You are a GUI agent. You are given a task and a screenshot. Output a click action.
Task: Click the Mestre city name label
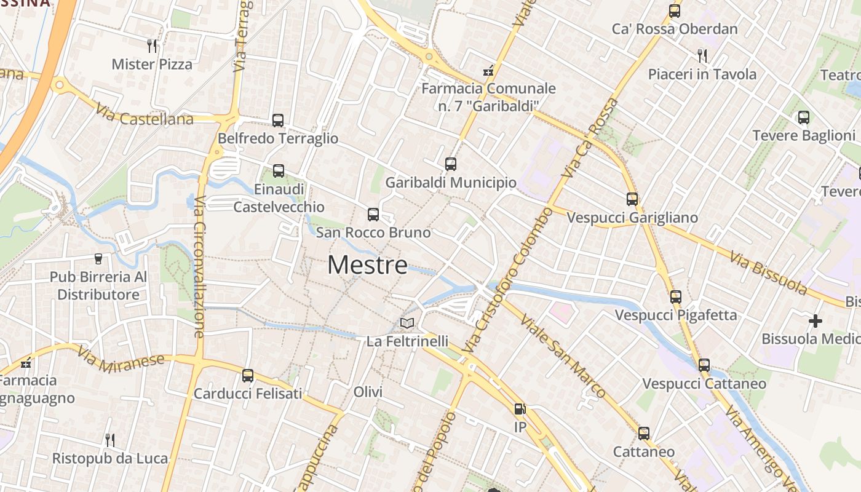tap(367, 265)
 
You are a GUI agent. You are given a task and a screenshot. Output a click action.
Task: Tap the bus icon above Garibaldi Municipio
tap(451, 164)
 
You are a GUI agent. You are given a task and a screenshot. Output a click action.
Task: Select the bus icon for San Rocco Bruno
tap(373, 215)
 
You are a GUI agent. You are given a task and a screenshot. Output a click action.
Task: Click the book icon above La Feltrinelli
tap(407, 323)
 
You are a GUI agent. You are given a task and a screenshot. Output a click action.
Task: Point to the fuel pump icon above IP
tap(520, 409)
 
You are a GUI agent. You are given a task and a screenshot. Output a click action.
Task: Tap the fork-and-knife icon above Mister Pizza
tap(152, 46)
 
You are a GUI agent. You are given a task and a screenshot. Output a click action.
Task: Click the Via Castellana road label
tap(144, 114)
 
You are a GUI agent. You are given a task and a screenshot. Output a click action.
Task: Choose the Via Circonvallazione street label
tap(199, 267)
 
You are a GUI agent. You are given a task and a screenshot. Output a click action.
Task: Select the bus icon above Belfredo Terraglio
tap(278, 121)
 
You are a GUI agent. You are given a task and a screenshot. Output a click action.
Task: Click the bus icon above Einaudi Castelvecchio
tap(279, 171)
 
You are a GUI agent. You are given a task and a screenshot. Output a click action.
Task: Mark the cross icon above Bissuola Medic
tap(815, 321)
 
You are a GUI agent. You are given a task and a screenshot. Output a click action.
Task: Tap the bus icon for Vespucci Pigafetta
tap(676, 297)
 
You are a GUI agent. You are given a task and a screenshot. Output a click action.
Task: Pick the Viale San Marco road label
tap(562, 355)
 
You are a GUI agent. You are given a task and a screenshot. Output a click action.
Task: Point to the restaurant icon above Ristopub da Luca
tap(110, 440)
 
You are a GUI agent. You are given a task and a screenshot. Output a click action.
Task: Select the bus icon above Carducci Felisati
tap(248, 375)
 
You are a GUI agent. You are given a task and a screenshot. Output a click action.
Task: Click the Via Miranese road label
tap(121, 357)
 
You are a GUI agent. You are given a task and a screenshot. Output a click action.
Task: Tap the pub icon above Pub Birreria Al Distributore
tap(98, 259)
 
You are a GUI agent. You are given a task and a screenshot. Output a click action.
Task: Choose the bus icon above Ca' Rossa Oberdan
tap(675, 10)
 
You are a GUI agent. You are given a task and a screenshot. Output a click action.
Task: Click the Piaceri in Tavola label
tap(702, 74)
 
